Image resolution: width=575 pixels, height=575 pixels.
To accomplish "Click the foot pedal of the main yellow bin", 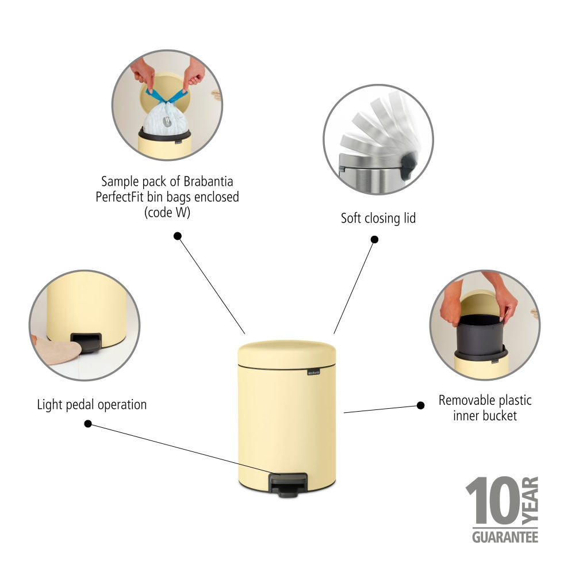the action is click(288, 485).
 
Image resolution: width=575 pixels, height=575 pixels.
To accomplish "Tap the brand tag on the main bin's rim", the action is click(313, 373).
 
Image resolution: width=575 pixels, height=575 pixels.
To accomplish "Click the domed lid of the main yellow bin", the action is click(287, 354).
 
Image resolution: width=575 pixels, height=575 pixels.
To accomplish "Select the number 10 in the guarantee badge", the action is click(492, 500).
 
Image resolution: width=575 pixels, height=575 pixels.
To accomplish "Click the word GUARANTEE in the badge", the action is click(505, 537).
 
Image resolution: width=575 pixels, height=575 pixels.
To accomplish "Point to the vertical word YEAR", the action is click(530, 500).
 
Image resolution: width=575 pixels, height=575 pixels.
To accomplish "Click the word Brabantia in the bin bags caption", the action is click(208, 182).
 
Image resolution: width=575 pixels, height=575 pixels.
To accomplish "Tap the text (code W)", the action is click(167, 212).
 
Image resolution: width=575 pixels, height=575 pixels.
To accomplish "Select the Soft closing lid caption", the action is click(378, 218).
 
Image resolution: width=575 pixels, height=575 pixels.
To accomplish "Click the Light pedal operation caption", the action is click(91, 405).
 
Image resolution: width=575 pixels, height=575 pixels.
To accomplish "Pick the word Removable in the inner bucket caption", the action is click(462, 400).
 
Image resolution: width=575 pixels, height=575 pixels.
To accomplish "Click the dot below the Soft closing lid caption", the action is click(374, 239).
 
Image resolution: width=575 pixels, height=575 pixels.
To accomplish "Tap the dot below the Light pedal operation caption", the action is click(88, 424).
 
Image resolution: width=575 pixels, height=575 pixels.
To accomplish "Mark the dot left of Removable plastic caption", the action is click(421, 405).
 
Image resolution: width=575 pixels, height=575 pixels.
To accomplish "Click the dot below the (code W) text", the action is click(178, 236).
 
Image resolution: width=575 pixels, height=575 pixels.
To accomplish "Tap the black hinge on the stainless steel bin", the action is click(408, 166).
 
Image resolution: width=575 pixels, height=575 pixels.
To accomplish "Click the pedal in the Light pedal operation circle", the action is click(86, 342).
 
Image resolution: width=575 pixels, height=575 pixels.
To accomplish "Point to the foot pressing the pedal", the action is click(57, 350).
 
